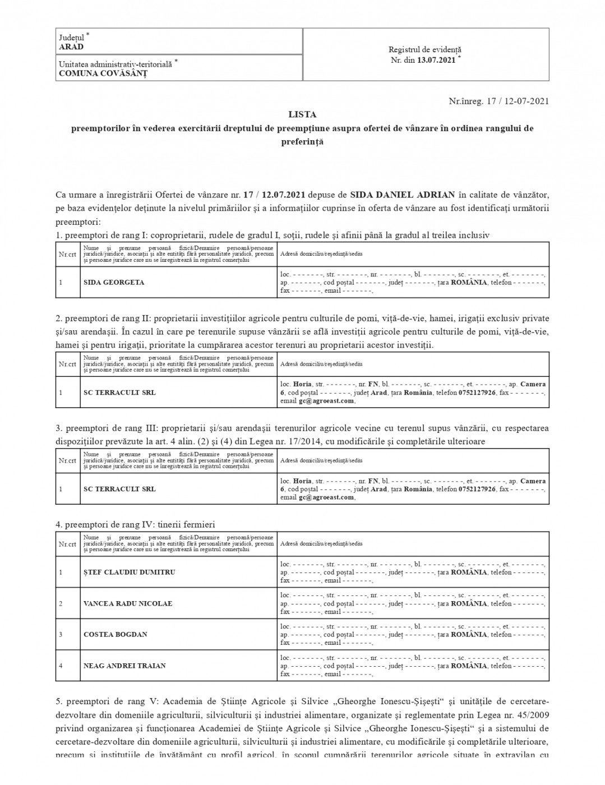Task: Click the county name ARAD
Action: coord(71,47)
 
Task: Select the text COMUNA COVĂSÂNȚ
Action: coord(103,73)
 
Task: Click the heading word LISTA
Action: coord(302,114)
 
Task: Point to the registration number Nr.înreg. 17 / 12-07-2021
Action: coord(498,101)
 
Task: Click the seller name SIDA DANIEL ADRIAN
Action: coord(402,195)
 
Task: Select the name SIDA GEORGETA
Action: coord(114,282)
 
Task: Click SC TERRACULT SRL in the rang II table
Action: coord(119,392)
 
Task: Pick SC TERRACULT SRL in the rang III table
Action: coord(119,489)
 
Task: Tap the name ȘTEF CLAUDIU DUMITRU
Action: coord(129,572)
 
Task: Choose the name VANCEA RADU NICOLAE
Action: coord(128,604)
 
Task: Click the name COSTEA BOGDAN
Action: coord(116,635)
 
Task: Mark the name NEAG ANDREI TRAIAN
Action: coord(124,666)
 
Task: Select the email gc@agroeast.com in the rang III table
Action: coord(326,497)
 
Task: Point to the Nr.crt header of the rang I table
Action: coord(67,254)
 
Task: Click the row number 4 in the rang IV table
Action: coord(61,666)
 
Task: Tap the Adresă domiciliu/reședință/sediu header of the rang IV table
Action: coord(321,544)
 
